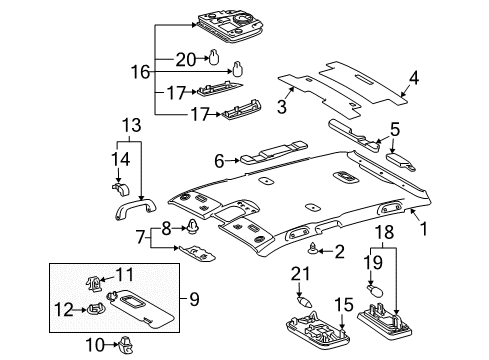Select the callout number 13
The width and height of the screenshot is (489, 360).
131,123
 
